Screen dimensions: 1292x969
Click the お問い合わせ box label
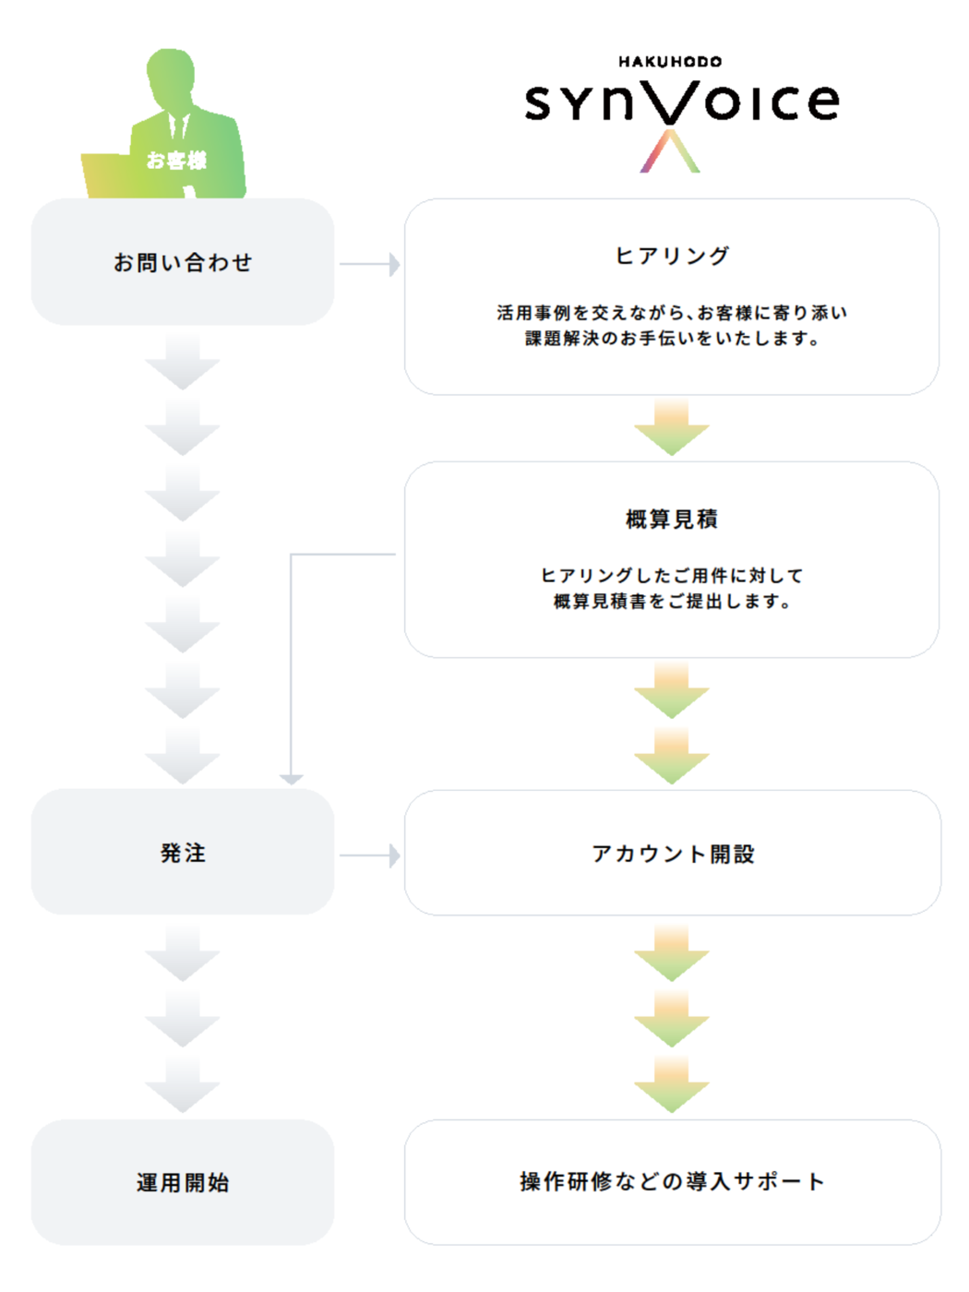click(x=183, y=262)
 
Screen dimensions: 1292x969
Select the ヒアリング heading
click(x=672, y=256)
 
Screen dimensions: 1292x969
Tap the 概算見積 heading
click(x=672, y=520)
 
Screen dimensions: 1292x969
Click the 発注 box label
click(x=183, y=853)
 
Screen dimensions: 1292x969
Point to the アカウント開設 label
click(x=673, y=854)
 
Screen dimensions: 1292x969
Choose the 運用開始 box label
click(x=183, y=1182)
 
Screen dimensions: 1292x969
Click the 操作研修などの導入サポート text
click(x=672, y=1181)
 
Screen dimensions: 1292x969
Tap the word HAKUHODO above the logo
click(x=670, y=62)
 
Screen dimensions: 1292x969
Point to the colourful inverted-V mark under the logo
click(x=671, y=151)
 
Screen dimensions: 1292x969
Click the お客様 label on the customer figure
click(x=176, y=161)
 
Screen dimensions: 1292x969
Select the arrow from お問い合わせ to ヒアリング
click(x=369, y=264)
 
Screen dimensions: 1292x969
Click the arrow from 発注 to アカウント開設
click(x=369, y=855)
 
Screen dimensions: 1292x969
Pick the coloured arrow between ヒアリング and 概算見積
click(x=672, y=428)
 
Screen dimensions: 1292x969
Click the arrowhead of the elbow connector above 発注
click(x=292, y=779)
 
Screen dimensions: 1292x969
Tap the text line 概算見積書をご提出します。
click(x=672, y=602)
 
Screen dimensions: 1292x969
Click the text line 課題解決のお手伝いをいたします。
click(x=672, y=339)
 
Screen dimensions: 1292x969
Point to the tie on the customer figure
click(x=179, y=127)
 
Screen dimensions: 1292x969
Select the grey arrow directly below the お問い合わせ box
click(x=183, y=362)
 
